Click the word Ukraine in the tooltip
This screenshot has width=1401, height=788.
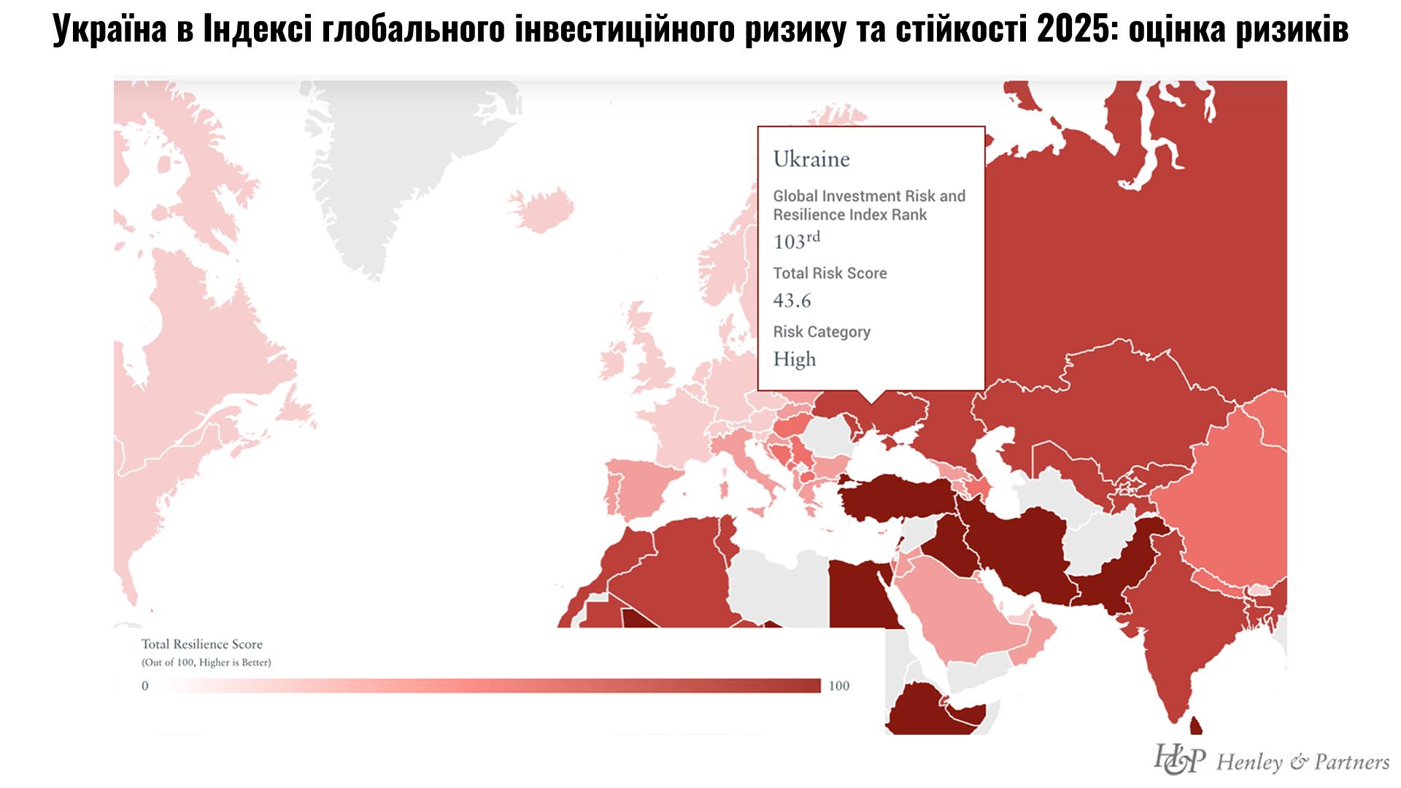[x=811, y=159]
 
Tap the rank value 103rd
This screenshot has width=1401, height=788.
[x=796, y=241]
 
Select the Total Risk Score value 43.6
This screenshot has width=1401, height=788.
[x=792, y=301]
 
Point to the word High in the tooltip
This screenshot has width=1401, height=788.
[x=795, y=359]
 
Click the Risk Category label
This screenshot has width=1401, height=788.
[x=822, y=332]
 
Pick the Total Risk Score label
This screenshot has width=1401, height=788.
[x=830, y=274]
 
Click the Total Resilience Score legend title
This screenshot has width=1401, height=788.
[x=201, y=644]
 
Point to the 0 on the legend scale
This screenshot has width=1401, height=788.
[x=144, y=686]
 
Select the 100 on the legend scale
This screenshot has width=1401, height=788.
[x=839, y=686]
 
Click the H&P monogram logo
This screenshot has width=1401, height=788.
[x=1178, y=760]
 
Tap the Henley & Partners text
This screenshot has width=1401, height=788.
[x=1302, y=762]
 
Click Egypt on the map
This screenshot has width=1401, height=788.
[x=857, y=595]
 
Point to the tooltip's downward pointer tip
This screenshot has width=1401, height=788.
[x=871, y=402]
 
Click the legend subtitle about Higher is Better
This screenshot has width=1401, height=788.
[x=206, y=663]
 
